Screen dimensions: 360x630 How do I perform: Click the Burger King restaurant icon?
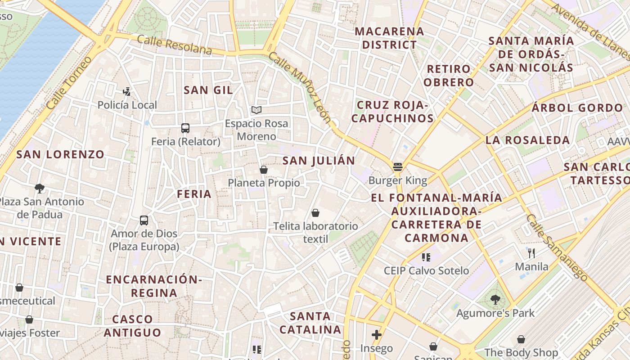click(397, 167)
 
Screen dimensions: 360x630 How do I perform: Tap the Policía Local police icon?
click(127, 92)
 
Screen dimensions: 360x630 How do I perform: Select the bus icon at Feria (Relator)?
click(185, 128)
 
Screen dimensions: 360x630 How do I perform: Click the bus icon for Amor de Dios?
click(144, 220)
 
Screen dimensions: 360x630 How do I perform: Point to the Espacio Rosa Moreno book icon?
click(256, 110)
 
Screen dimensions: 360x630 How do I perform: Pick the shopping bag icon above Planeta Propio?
click(264, 170)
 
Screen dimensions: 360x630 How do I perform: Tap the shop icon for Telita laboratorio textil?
click(315, 213)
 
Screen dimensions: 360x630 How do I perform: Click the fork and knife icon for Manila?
click(531, 253)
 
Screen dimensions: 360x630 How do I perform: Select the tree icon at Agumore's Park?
click(495, 299)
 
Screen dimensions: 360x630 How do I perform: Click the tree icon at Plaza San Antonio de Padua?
click(40, 188)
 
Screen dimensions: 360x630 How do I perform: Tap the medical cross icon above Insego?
click(377, 335)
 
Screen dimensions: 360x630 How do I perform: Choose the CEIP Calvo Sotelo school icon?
click(426, 257)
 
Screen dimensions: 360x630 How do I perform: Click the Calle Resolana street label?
click(174, 45)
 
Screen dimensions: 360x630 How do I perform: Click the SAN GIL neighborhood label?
click(208, 90)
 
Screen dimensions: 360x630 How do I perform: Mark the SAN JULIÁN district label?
click(319, 161)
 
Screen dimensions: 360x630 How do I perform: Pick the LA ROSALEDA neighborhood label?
click(527, 140)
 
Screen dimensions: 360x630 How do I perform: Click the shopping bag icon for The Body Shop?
click(521, 339)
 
